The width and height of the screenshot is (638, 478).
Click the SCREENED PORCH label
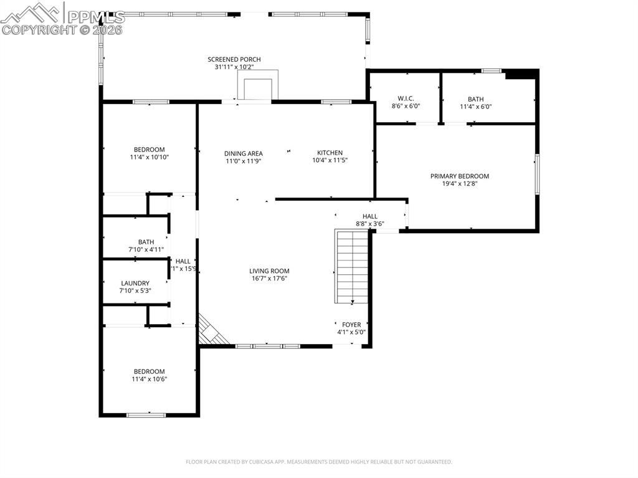pos(234,59)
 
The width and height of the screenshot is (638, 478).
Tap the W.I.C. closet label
pos(406,98)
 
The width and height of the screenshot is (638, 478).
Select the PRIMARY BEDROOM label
pos(459,176)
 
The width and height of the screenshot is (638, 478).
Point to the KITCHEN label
pos(330,153)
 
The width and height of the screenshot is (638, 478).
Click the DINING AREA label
pos(243,153)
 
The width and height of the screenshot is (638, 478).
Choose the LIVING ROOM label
pos(269,271)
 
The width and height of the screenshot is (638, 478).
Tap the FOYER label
pos(351,325)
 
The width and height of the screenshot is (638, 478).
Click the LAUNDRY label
pos(135,283)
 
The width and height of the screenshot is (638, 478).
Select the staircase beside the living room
pos(353,266)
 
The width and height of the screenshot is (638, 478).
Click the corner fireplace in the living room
pos(210,330)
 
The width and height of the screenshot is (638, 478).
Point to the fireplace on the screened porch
pos(257,85)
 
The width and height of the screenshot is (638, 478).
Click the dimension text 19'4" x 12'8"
pos(459,184)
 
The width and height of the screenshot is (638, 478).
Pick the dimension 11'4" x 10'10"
pos(150,157)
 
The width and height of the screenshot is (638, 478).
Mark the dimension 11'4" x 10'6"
pos(149,379)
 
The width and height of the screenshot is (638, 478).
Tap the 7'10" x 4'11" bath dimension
pos(146,249)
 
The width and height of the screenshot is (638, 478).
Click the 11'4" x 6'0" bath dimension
pos(475,107)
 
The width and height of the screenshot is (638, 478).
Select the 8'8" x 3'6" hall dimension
pos(369,224)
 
